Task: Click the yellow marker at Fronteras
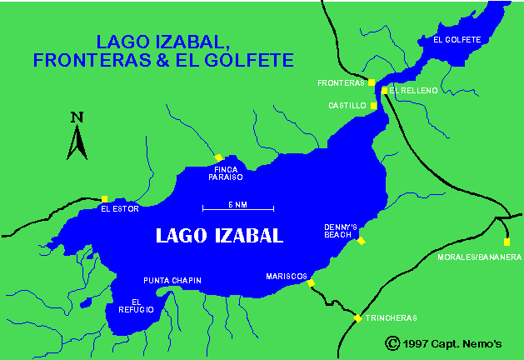372,82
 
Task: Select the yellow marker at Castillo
374,106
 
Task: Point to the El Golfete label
457,39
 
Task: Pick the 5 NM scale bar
237,207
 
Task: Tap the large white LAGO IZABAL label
220,235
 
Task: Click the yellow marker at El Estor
104,199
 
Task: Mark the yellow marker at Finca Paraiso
218,157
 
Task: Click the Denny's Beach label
341,231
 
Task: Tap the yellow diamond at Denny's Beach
361,241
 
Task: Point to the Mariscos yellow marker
311,283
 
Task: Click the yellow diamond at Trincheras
358,318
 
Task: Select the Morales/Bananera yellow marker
507,242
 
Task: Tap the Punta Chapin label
172,280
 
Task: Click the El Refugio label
142,305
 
